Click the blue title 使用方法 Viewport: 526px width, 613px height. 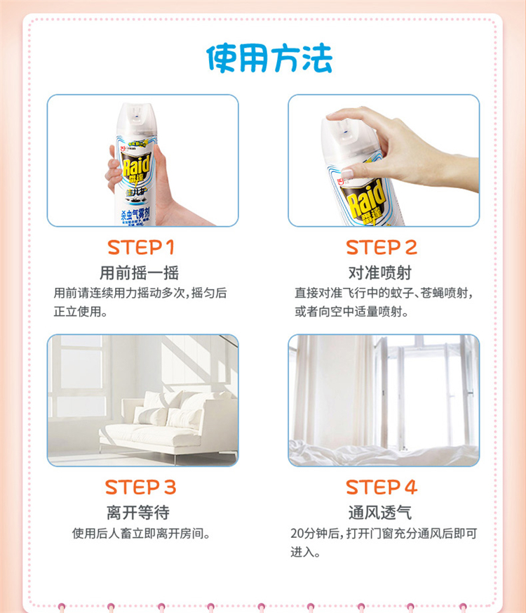point(269,58)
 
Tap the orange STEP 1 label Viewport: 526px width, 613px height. point(140,247)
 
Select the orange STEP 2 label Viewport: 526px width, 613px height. point(382,247)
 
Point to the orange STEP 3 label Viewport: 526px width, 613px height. point(140,487)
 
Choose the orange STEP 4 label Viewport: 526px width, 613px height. point(382,487)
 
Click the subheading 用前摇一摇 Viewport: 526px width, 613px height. point(140,273)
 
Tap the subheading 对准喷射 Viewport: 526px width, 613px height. point(380,273)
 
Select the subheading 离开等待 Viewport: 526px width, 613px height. point(138,513)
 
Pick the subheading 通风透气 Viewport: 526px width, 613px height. point(380,513)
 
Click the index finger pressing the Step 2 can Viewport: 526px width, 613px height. point(349,115)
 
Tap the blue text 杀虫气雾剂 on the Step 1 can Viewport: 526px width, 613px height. point(135,213)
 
